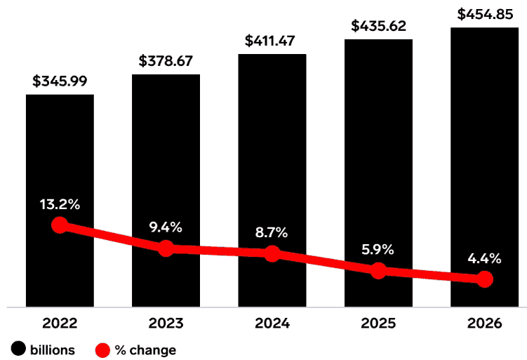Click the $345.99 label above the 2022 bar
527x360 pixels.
click(60, 81)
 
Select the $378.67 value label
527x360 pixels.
click(166, 61)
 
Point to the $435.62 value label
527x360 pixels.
click(378, 26)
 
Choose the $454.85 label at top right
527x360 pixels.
click(484, 13)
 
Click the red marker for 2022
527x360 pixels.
click(60, 225)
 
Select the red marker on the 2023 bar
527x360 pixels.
click(166, 248)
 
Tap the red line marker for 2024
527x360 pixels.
click(272, 253)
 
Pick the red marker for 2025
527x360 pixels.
click(378, 271)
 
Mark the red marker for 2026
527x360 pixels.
click(484, 279)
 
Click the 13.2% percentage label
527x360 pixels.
click(60, 205)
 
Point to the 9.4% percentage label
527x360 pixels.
click(166, 227)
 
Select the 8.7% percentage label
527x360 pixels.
click(272, 232)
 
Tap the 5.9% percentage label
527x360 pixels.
click(378, 250)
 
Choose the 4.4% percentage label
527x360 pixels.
click(484, 258)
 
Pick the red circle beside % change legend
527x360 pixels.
click(103, 349)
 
